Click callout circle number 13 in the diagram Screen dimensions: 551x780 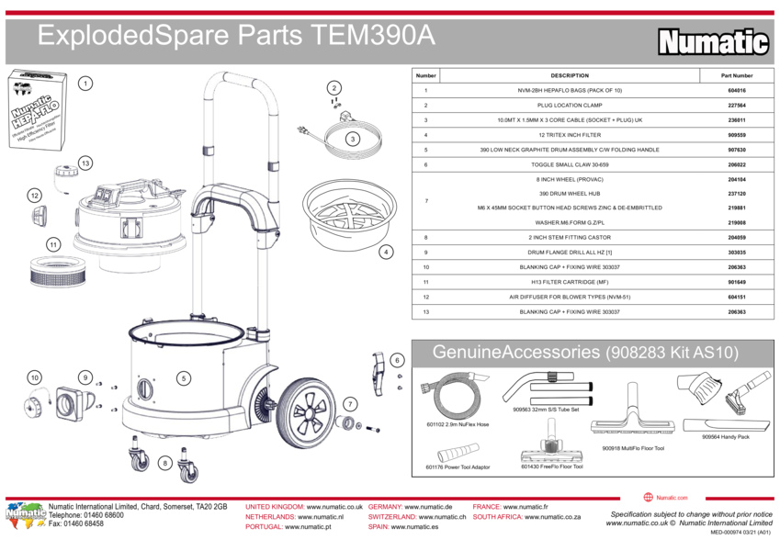click(85, 163)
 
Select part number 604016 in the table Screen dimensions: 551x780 click(736, 91)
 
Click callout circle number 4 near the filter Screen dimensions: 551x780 click(386, 251)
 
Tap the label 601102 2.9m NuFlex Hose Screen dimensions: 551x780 click(458, 424)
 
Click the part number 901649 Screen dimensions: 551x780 click(736, 283)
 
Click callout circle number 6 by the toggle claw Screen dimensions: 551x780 click(398, 361)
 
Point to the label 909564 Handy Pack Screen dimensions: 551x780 click(725, 437)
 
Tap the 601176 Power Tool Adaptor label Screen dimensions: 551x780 click(458, 467)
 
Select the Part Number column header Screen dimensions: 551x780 click(736, 75)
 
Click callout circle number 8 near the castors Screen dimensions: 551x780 click(164, 464)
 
